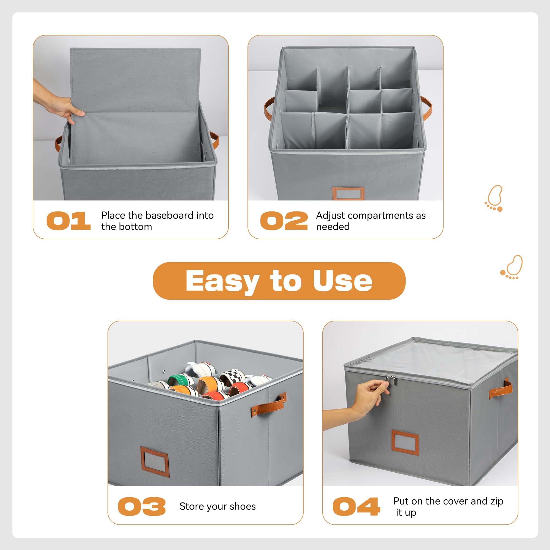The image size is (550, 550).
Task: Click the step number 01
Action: pos(68,221)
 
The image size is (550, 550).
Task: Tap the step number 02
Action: pos(284,221)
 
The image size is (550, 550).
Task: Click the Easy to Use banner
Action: pos(279,281)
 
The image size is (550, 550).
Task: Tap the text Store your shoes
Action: pos(218,507)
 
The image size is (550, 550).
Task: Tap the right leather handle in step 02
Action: pos(427,108)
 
